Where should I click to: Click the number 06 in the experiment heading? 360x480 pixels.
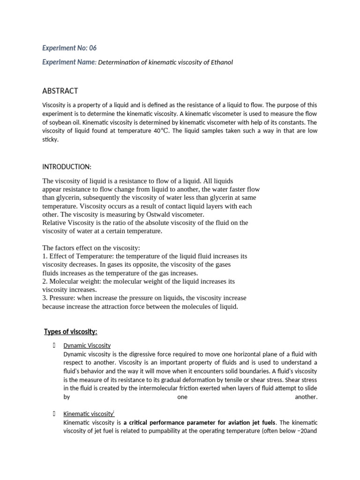click(93, 48)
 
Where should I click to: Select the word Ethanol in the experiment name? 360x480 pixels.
click(221, 62)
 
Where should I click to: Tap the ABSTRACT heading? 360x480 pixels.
click(60, 91)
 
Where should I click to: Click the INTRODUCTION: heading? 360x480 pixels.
click(67, 167)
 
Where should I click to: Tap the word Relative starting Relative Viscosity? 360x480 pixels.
click(54, 223)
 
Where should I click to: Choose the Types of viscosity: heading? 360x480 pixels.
click(71, 332)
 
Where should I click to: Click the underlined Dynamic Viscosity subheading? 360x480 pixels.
click(87, 345)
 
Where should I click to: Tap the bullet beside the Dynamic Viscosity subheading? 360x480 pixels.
click(55, 345)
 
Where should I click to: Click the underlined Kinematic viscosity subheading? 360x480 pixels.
click(89, 414)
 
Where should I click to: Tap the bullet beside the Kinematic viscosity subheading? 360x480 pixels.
click(55, 414)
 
